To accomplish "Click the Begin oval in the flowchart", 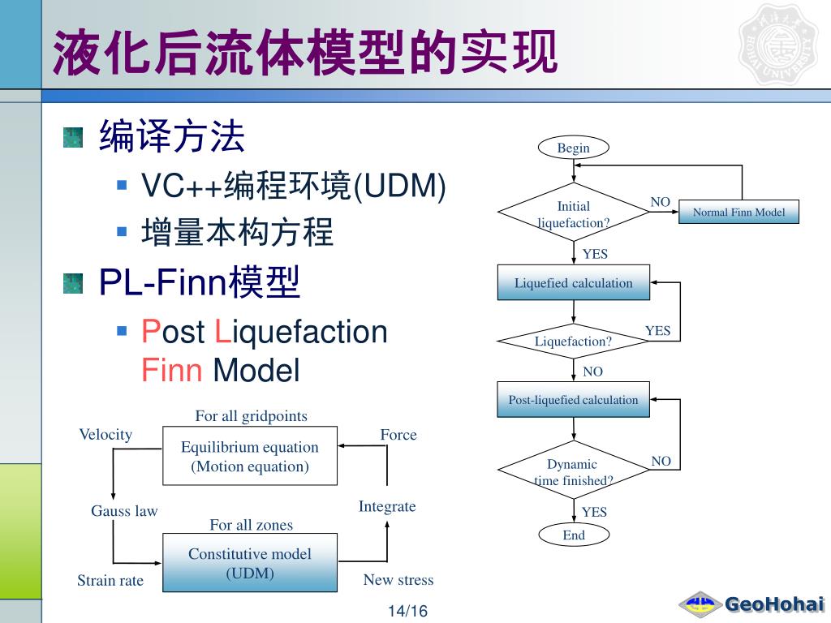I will tap(573, 148).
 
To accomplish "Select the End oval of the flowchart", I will tap(573, 535).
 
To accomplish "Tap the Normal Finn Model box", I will tap(738, 213).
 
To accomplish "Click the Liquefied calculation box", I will tap(573, 283).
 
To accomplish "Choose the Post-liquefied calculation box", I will tap(573, 399).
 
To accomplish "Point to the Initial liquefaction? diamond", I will tap(573, 214).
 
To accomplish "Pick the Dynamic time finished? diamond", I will tap(573, 471).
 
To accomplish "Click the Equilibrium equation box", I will tap(250, 457).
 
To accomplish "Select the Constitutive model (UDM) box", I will tap(250, 563).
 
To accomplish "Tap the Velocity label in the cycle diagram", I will tap(105, 435).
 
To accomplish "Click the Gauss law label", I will tap(124, 511).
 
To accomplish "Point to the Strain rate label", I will tap(110, 580).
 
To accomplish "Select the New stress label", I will tap(398, 580).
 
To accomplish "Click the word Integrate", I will tap(387, 506).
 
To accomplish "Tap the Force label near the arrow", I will tap(398, 435).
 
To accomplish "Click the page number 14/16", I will tap(407, 611).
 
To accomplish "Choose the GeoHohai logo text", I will tap(774, 604).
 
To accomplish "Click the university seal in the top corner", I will tap(777, 45).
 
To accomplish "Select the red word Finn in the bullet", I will tap(171, 371).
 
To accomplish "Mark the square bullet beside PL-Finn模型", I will tap(73, 283).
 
